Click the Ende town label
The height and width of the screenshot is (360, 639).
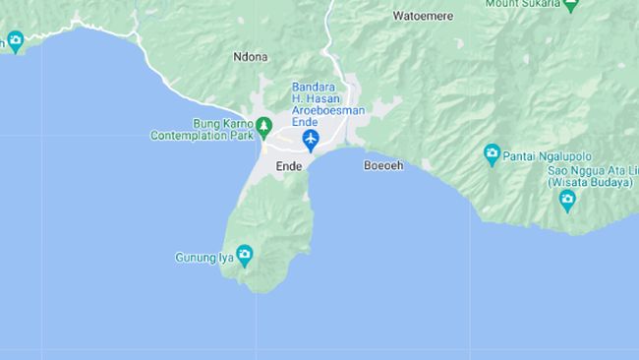point(288,165)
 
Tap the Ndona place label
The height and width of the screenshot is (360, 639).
point(251,57)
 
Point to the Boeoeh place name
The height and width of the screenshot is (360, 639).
point(383,165)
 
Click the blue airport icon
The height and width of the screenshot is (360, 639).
point(312,141)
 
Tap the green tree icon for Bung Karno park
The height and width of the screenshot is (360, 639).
point(263,126)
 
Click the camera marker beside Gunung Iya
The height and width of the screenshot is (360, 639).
point(244,257)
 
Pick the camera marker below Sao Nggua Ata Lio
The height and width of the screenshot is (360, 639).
point(567,200)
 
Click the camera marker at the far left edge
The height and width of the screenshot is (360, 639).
point(14,41)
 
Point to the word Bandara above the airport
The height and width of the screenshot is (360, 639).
point(314,87)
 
